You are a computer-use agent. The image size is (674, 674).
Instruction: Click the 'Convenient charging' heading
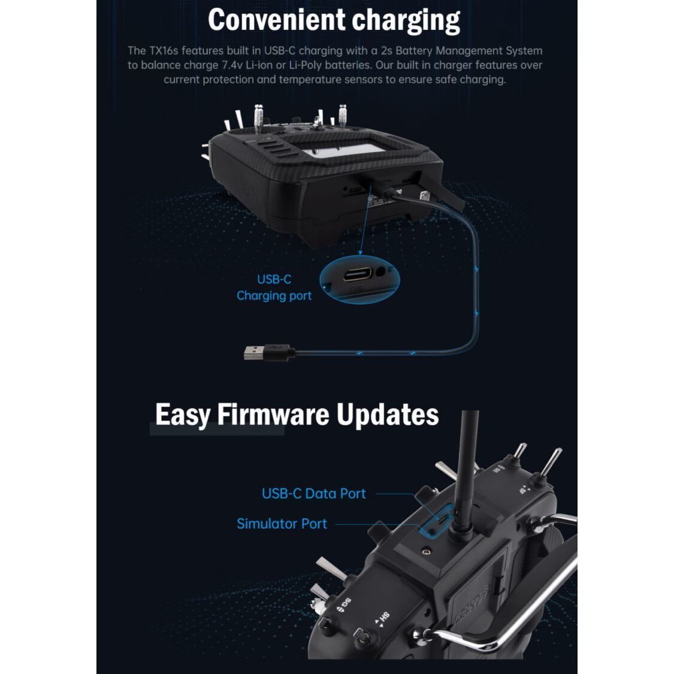pyautogui.click(x=334, y=20)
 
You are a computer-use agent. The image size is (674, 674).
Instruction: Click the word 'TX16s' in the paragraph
pyautogui.click(x=164, y=51)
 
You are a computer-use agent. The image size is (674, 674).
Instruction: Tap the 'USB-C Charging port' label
pyautogui.click(x=274, y=288)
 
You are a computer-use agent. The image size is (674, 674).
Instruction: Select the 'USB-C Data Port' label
pyautogui.click(x=314, y=494)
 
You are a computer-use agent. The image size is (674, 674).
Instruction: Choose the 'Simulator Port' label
pyautogui.click(x=282, y=524)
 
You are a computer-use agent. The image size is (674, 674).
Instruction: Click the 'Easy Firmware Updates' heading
pyautogui.click(x=297, y=415)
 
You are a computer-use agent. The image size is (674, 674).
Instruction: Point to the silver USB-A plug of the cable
pyautogui.click(x=254, y=352)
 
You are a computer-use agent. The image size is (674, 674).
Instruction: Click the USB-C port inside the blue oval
pyautogui.click(x=357, y=274)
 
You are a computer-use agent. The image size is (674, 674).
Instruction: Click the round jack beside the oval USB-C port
pyautogui.click(x=380, y=271)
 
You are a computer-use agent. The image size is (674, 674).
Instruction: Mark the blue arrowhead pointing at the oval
pyautogui.click(x=360, y=252)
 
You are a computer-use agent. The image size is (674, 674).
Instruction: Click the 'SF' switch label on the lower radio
pyautogui.click(x=523, y=490)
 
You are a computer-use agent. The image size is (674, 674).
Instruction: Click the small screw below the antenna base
pyautogui.click(x=426, y=551)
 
